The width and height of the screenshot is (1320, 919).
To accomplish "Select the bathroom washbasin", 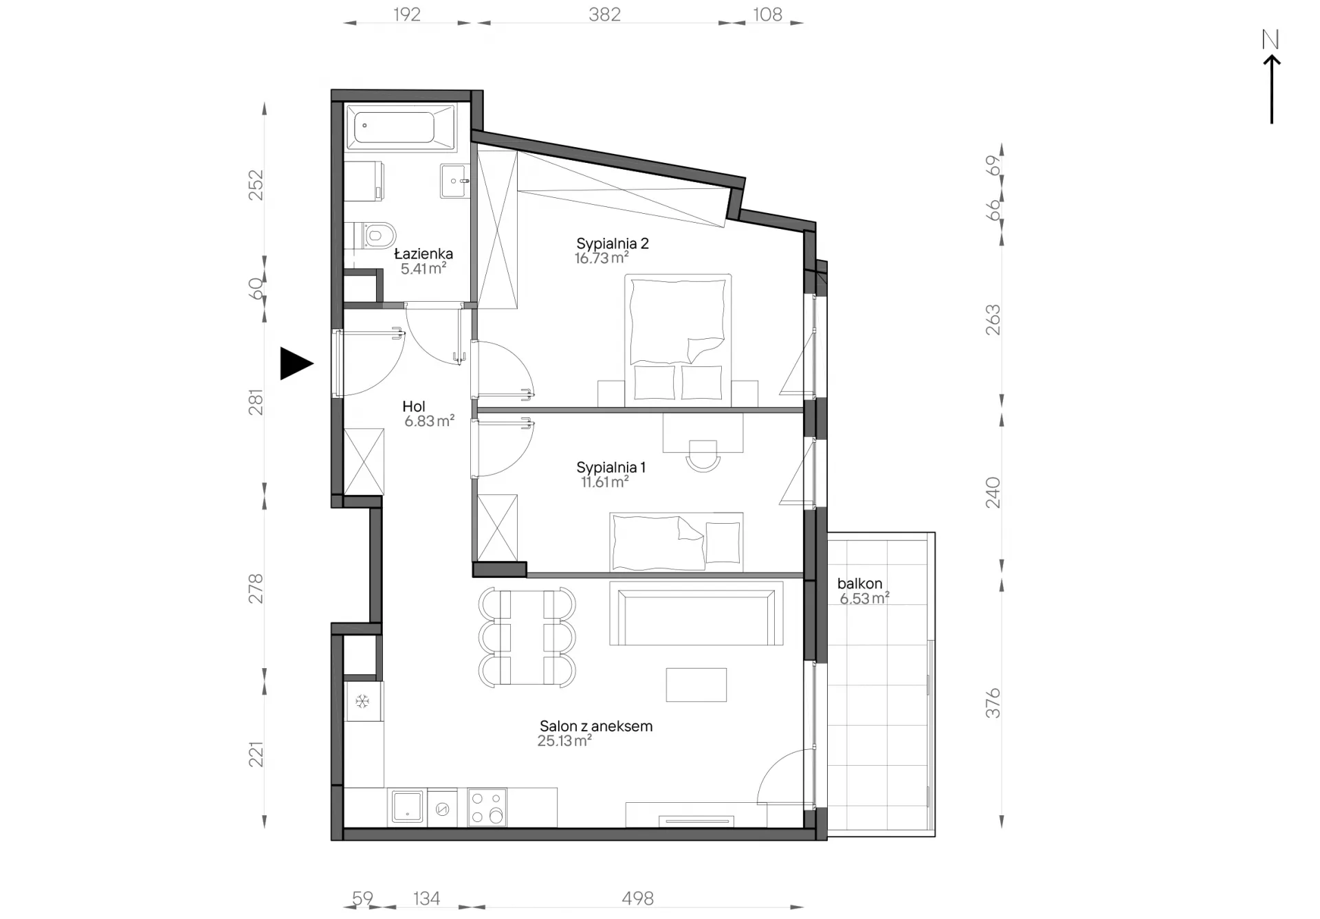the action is point(454,181).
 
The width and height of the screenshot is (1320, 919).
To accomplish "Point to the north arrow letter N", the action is point(1270,40).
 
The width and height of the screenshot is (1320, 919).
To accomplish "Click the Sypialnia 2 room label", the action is point(612,243).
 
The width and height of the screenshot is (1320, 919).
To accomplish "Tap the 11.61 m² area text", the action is point(604,482).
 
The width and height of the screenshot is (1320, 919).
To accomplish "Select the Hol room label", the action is point(414,406).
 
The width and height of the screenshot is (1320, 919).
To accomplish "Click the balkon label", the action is point(859,584).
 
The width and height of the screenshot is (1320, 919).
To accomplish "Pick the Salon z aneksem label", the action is point(595,726).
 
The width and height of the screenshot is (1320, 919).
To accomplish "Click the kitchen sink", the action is point(407,806).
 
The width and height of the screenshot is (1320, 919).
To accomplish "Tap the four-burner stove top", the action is point(487,807).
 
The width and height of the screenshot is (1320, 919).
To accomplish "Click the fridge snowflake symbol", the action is point(362,702).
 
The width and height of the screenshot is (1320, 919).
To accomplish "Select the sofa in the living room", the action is point(696,614).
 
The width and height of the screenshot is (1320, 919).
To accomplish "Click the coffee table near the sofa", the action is point(696,685).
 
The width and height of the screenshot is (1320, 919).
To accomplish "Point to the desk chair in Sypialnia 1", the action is point(703,456).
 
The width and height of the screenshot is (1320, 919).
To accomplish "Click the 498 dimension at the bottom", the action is point(637,898).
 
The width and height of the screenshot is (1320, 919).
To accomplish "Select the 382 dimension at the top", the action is point(604,14).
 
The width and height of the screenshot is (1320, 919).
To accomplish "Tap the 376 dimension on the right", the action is point(992,703).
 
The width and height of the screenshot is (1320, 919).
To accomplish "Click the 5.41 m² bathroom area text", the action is point(423,269).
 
